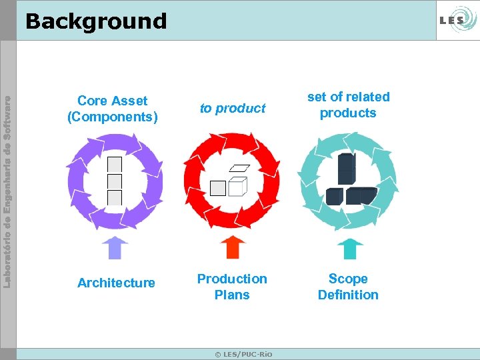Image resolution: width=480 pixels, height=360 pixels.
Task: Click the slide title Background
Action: coord(95,21)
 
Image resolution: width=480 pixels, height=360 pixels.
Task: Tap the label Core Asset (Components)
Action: coord(112,109)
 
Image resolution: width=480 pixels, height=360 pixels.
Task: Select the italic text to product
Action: coord(233,108)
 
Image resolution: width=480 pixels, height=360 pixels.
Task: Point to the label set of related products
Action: coord(348,105)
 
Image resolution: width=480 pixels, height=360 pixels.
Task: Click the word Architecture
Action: coord(116,283)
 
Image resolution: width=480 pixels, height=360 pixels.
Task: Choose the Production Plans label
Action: coord(232,287)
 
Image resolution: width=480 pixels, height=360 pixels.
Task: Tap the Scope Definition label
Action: coord(348,287)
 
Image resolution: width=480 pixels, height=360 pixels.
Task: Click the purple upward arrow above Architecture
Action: coord(115,247)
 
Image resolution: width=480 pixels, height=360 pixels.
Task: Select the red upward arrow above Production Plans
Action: coord(232,247)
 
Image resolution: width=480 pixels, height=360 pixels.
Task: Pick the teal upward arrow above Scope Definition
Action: coord(349,247)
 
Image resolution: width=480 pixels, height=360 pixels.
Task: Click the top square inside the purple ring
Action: coord(115,164)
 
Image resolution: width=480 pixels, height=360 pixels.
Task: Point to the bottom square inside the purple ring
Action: coord(115,197)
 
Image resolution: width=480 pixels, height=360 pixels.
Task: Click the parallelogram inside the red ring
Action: coord(239,167)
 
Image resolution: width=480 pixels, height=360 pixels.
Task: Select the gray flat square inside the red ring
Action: coord(218,188)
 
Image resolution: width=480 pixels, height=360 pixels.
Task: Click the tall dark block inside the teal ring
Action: coord(347,169)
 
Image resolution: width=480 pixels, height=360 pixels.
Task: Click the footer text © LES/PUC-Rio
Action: coord(243,353)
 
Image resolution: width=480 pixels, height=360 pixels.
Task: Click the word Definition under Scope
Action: coord(348,295)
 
